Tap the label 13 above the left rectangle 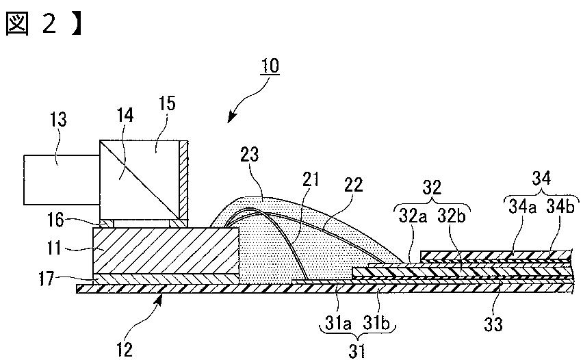click(x=58, y=121)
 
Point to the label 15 click(x=166, y=104)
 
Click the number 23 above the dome click(x=250, y=155)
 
